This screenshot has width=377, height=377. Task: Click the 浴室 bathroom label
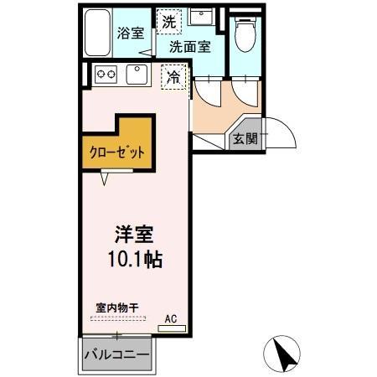131,34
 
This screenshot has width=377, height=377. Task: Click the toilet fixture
245,34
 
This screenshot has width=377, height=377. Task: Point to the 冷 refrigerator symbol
173,75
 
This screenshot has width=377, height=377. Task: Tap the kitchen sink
137,75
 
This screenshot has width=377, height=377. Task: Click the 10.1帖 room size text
133,259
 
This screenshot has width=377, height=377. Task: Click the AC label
171,318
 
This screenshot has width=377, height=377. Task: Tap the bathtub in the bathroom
98,34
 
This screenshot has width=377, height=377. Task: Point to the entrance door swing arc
280,136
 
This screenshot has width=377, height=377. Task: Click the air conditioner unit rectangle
171,328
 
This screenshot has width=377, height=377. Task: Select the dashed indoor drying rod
117,318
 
